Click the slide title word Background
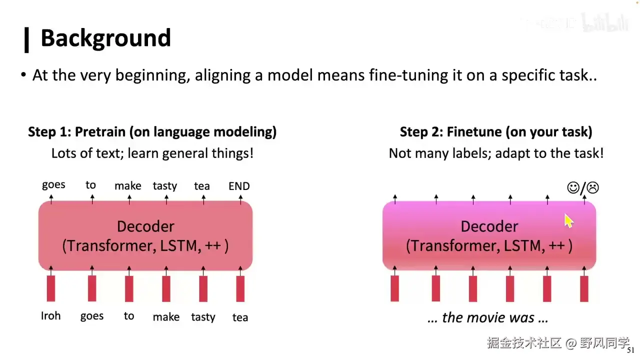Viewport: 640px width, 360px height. [105, 38]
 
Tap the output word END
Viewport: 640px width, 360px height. [239, 186]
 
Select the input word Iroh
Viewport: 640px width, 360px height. [50, 316]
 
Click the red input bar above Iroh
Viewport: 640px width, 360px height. [51, 288]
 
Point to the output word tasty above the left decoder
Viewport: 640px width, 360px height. [165, 186]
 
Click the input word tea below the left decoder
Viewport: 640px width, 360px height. [240, 317]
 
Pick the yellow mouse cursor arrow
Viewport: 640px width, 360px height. [568, 220]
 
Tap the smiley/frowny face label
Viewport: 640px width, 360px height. [583, 188]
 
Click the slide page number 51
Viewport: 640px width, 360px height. [630, 350]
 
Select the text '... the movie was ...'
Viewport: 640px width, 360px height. [488, 317]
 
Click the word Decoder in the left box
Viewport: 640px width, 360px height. [145, 226]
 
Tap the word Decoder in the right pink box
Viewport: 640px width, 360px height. [489, 226]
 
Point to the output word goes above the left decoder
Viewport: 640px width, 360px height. [53, 185]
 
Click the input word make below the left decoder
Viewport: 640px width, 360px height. [166, 317]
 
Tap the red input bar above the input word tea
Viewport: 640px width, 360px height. [240, 288]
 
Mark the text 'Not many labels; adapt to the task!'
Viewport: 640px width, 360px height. [496, 153]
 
